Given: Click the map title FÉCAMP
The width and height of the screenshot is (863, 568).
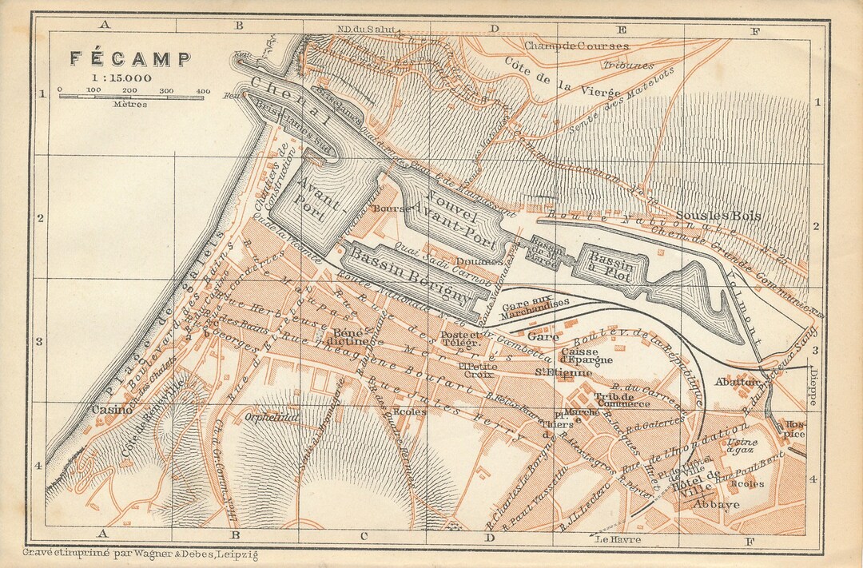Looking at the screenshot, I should click(x=129, y=59).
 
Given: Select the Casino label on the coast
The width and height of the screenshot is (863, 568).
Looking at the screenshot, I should click(x=107, y=409).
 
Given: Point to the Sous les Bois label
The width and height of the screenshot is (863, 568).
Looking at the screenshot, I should click(x=718, y=216).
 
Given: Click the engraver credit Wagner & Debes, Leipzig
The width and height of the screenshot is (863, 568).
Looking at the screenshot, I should click(x=141, y=554).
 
